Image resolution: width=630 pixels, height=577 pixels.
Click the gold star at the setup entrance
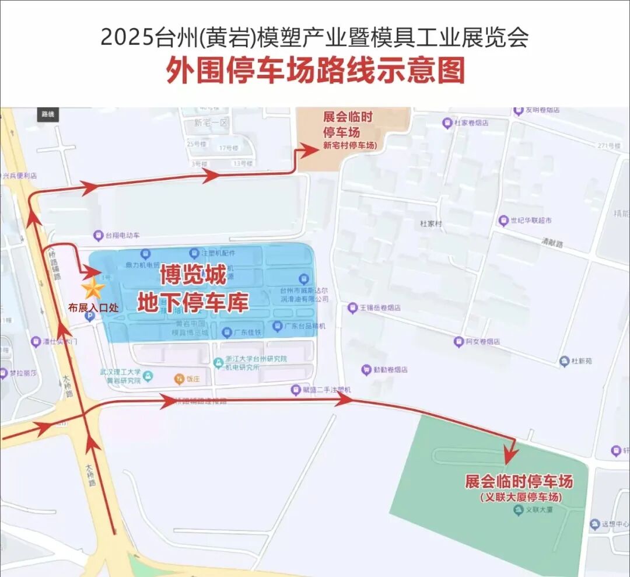tap(92, 289)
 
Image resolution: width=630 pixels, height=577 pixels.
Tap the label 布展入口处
tap(93, 307)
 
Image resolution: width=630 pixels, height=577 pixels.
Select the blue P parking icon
tap(89, 316)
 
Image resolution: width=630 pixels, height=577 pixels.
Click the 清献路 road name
tap(552, 244)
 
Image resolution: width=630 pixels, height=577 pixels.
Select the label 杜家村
tap(431, 223)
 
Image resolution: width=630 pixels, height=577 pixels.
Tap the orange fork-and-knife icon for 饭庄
tap(179, 379)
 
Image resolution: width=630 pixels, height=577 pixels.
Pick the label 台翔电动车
tap(123, 236)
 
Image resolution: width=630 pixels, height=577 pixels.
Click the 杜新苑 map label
tap(580, 361)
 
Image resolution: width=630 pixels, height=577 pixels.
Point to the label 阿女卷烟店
tap(482, 341)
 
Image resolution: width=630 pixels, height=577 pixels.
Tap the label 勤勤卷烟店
tap(390, 369)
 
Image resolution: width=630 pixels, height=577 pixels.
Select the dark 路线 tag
tap(48, 114)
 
